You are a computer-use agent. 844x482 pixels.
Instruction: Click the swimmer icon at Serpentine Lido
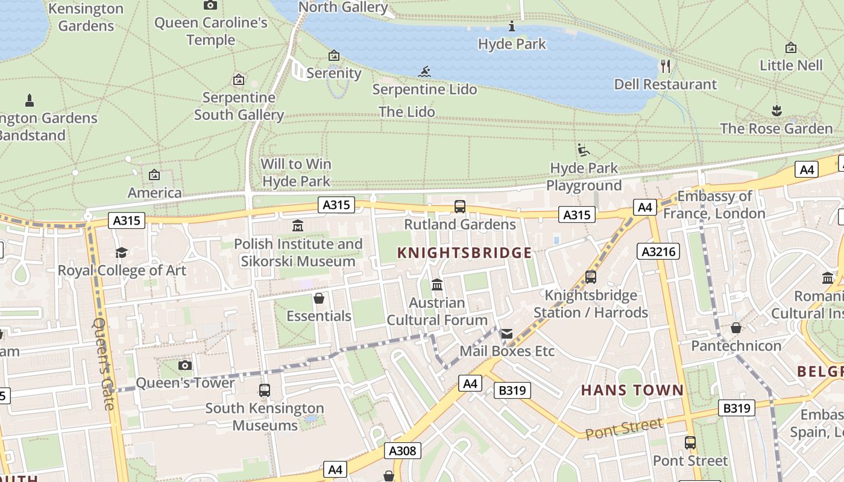[x=425, y=72]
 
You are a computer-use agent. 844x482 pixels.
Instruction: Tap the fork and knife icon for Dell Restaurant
[x=666, y=66]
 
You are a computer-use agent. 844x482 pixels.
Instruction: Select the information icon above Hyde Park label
[x=512, y=26]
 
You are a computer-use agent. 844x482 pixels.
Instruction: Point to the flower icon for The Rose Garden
[x=776, y=111]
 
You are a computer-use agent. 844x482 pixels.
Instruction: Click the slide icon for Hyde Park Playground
[x=583, y=150]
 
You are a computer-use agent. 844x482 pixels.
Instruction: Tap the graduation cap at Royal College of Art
[x=122, y=252]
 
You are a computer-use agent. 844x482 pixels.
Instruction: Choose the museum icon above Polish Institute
[x=298, y=226]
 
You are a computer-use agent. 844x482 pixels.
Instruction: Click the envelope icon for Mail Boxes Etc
[x=506, y=333]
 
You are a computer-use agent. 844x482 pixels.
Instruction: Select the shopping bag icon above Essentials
[x=319, y=298]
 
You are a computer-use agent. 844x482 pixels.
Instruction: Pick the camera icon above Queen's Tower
[x=185, y=365]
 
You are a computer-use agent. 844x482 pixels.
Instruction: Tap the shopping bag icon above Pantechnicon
[x=736, y=328]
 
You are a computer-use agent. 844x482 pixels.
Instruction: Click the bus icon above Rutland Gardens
[x=460, y=207]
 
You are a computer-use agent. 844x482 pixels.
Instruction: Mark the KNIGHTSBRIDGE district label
[x=465, y=253]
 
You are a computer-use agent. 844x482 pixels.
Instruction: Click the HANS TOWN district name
[x=632, y=390]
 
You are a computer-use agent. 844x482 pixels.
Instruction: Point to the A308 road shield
[x=403, y=451]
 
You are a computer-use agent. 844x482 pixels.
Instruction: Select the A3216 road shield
[x=658, y=251]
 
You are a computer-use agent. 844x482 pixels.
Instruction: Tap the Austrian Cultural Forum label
[x=437, y=311]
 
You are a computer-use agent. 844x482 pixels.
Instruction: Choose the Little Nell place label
[x=791, y=65]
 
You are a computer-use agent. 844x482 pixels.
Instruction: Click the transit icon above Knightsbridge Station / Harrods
[x=591, y=277]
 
